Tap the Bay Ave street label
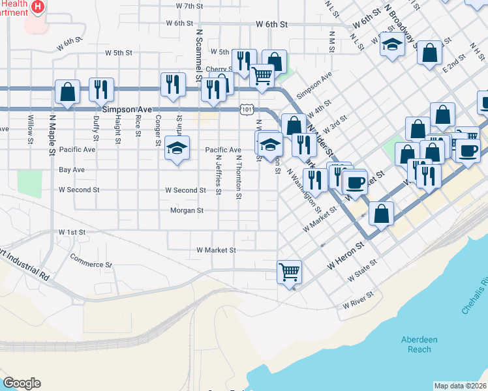point(72,169)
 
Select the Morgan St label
point(187,210)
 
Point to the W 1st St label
point(72,232)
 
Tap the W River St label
point(359,300)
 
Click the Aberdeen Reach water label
point(416,345)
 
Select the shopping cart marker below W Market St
point(289,271)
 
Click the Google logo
point(22,383)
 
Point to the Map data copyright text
point(459,386)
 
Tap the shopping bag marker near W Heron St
point(381,212)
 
